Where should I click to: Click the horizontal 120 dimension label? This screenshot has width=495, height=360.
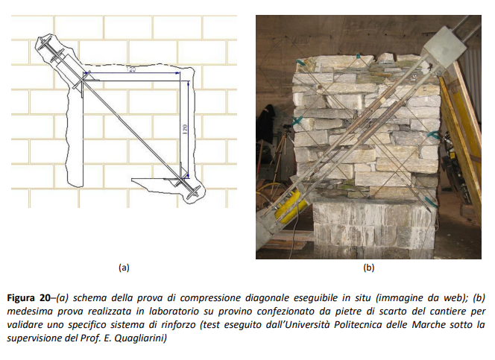(130, 69)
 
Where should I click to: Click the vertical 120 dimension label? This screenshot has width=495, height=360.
(185, 129)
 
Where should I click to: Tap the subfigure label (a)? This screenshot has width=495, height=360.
(124, 268)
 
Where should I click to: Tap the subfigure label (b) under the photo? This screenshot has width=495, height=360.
(369, 268)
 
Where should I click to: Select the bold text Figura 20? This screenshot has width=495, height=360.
(28, 298)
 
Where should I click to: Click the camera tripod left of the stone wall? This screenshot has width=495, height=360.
(282, 148)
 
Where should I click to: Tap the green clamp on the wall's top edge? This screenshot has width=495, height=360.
(359, 57)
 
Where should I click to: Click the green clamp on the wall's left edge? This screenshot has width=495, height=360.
(297, 121)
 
